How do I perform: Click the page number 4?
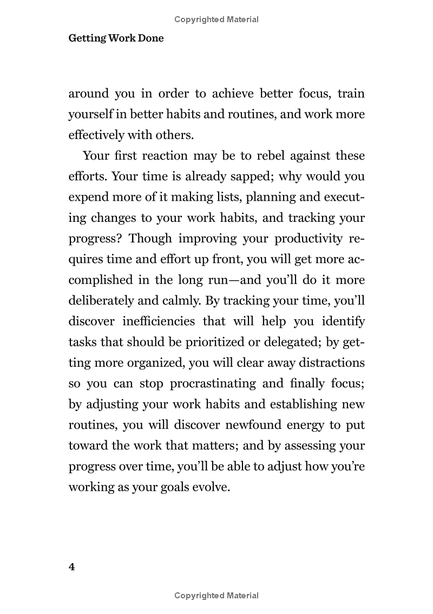coord(71,567)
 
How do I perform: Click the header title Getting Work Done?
coord(116,38)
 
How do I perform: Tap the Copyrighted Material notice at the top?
coord(216,19)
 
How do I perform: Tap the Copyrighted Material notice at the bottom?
coord(216,596)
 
